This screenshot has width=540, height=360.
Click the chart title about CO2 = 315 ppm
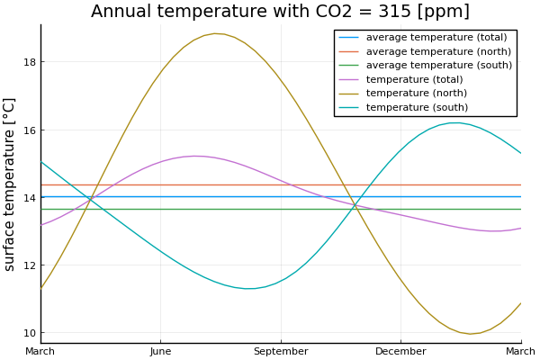280,12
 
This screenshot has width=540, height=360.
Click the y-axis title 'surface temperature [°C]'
10,184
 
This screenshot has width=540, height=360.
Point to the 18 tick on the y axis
30,62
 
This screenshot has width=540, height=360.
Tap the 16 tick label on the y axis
30,130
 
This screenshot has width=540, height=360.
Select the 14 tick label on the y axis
30,198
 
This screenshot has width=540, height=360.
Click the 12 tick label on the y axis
30,265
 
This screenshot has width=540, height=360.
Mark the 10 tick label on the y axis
30,333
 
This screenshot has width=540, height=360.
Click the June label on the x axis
160,350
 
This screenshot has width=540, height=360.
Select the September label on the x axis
281,350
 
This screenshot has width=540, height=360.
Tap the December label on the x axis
400,350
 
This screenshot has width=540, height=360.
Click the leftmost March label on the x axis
40,350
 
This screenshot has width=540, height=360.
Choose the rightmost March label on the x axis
520,350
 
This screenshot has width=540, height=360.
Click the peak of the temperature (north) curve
216,33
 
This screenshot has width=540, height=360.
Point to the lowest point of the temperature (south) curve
249,288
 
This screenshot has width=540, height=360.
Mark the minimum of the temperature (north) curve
469,334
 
